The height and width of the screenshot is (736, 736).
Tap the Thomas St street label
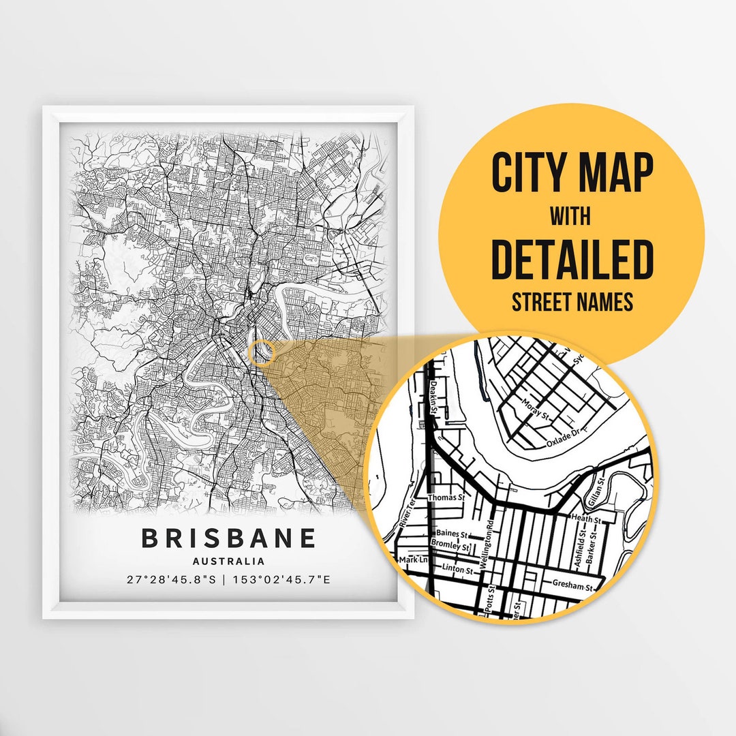(446, 498)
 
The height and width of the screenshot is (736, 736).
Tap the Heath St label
(587, 519)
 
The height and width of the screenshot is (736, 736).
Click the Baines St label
(451, 534)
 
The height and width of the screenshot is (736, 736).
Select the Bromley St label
(450, 547)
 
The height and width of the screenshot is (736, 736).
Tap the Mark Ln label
(414, 560)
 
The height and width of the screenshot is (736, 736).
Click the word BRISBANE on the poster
(229, 538)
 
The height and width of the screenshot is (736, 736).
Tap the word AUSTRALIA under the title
(229, 562)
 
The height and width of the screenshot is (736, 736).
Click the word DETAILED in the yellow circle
(572, 260)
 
